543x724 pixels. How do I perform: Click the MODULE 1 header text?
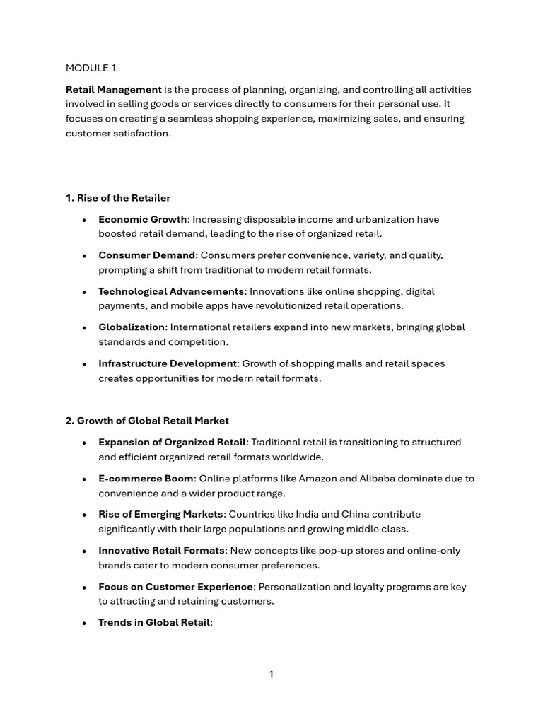(90, 68)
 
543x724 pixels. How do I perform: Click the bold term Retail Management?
(114, 90)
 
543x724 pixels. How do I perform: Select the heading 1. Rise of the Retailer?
(118, 198)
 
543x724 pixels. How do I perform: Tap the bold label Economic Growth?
(142, 219)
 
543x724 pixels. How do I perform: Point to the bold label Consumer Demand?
(146, 255)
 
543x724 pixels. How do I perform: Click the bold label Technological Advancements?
(171, 291)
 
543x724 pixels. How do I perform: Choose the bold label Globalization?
(132, 327)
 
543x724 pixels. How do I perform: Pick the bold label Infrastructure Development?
(168, 363)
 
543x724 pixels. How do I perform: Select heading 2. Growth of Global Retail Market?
(147, 421)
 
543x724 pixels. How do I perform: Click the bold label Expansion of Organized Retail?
(172, 442)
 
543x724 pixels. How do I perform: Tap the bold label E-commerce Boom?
(146, 479)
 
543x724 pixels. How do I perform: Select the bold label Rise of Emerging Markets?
(160, 514)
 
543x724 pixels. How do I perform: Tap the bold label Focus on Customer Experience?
(175, 587)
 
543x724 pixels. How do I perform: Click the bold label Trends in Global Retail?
(154, 623)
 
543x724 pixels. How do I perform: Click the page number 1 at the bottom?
(271, 675)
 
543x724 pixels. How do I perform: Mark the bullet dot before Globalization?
(84, 328)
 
